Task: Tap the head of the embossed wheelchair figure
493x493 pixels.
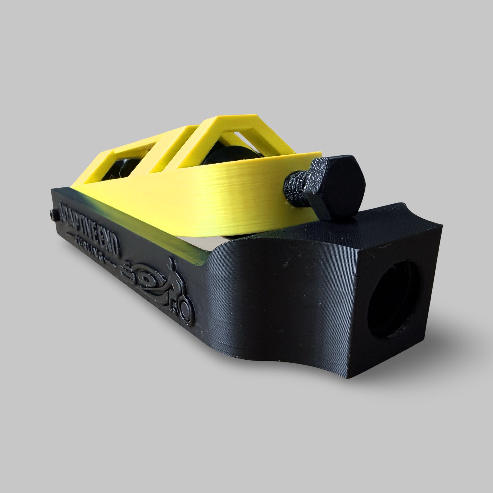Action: click(173, 263)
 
